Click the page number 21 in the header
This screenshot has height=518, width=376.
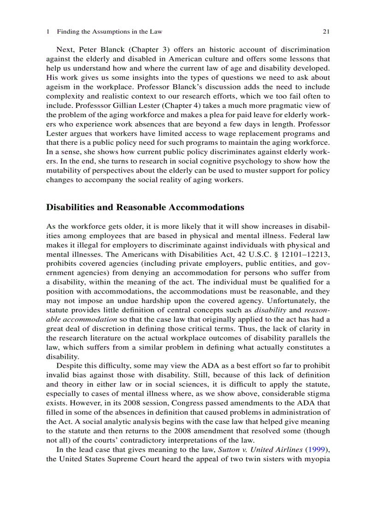pyautogui.click(x=326, y=32)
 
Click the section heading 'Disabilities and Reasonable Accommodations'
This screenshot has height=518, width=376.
pyautogui.click(x=145, y=208)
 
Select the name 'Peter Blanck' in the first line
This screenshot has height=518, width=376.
pyautogui.click(x=97, y=49)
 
